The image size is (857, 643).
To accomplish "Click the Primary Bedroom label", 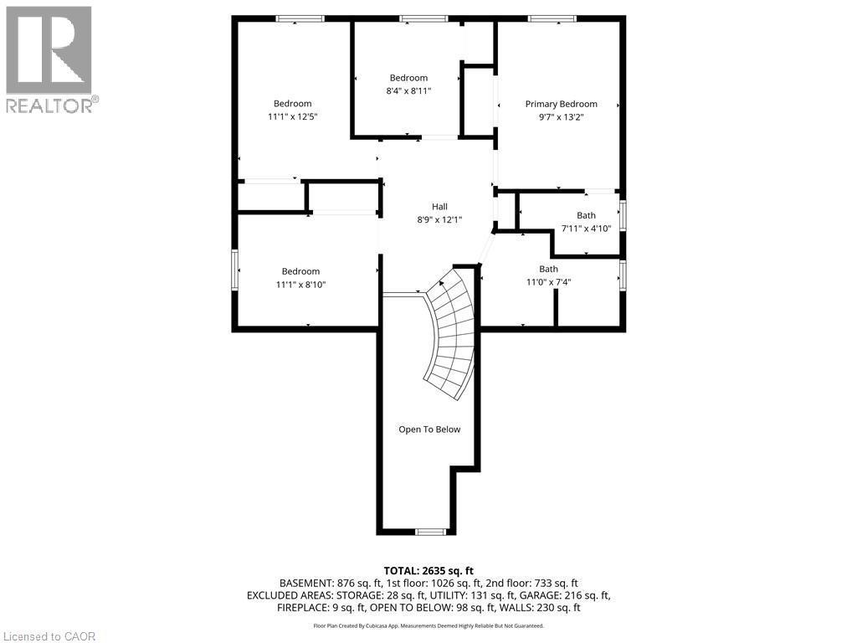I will [x=561, y=104].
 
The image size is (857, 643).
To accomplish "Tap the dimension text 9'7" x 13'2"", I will [x=561, y=117].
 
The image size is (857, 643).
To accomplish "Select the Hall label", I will [x=439, y=207].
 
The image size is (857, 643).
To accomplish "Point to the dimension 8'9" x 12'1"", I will [x=439, y=220].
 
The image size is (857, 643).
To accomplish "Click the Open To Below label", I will [x=428, y=430].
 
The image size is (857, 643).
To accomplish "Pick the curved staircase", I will [x=452, y=335].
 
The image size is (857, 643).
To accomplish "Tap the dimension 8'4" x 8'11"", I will [x=408, y=91].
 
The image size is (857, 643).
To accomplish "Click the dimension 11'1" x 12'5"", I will [x=292, y=117].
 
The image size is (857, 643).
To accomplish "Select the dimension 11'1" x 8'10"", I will [x=300, y=285].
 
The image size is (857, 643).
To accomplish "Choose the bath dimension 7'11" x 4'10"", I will [x=586, y=229].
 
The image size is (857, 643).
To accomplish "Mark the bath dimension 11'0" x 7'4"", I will [x=548, y=282].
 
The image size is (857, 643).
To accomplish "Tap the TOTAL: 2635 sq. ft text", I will [x=428, y=569].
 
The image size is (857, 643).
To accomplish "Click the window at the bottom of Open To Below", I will [x=431, y=531].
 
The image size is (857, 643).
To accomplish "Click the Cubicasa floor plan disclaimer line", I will [x=428, y=625].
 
